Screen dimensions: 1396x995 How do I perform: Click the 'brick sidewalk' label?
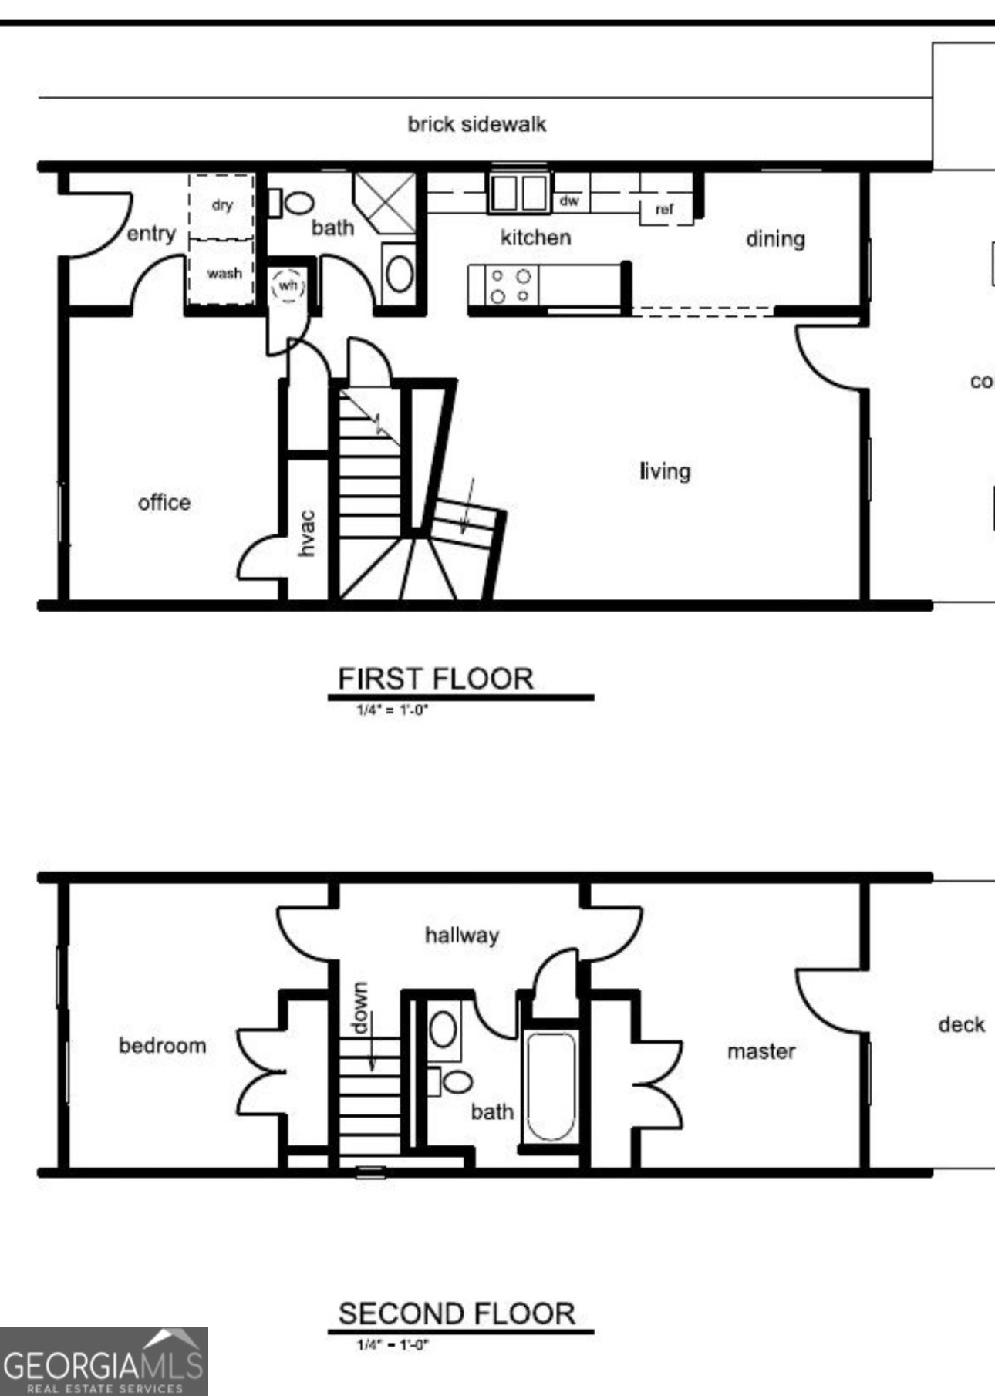[477, 124]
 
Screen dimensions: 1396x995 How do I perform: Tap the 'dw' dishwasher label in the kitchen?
[568, 201]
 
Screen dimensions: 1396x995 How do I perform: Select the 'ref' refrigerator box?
[664, 209]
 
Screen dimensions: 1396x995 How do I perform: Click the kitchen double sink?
[518, 192]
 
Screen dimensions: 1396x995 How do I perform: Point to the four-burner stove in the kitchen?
[511, 285]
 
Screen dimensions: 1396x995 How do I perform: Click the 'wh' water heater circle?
[288, 286]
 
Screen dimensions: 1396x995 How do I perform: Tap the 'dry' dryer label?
[222, 205]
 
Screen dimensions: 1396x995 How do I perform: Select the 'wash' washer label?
[224, 273]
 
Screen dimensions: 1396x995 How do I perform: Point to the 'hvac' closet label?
[307, 533]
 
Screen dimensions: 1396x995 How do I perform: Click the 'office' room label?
[164, 503]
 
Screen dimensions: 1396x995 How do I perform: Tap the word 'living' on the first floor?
[665, 471]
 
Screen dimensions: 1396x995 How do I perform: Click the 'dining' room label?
[774, 239]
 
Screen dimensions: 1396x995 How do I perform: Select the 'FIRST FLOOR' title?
[436, 679]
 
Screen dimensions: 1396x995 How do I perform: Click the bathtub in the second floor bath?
[550, 1087]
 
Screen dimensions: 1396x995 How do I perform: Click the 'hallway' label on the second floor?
[461, 936]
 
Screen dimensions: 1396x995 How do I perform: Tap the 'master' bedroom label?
[761, 1051]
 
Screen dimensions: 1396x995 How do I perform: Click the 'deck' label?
[961, 1024]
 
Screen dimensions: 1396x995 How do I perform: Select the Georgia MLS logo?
[103, 1361]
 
